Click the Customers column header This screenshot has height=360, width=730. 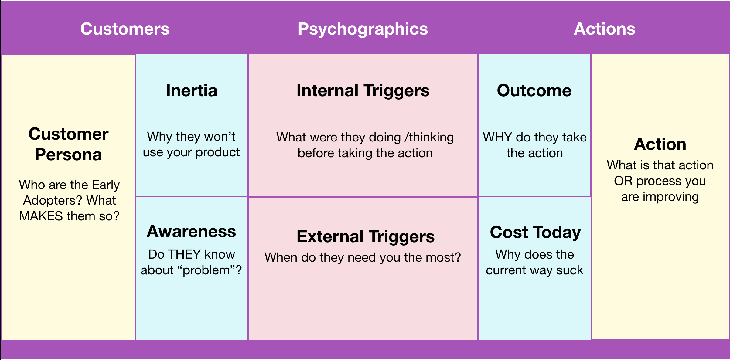[x=125, y=29]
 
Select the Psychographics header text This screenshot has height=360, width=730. [x=363, y=29]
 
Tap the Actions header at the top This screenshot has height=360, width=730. [x=604, y=29]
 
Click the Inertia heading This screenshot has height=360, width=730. [x=192, y=90]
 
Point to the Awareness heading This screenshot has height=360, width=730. [x=191, y=231]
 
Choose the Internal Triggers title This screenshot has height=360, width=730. [x=363, y=90]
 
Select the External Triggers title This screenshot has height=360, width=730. [x=366, y=236]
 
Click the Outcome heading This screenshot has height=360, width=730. [x=534, y=90]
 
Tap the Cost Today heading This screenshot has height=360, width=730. [x=535, y=232]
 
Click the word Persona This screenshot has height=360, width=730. [x=68, y=155]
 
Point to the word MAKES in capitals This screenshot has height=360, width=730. [x=41, y=216]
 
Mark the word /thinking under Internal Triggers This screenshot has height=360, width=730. [x=429, y=137]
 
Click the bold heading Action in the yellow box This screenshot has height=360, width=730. [x=660, y=144]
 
